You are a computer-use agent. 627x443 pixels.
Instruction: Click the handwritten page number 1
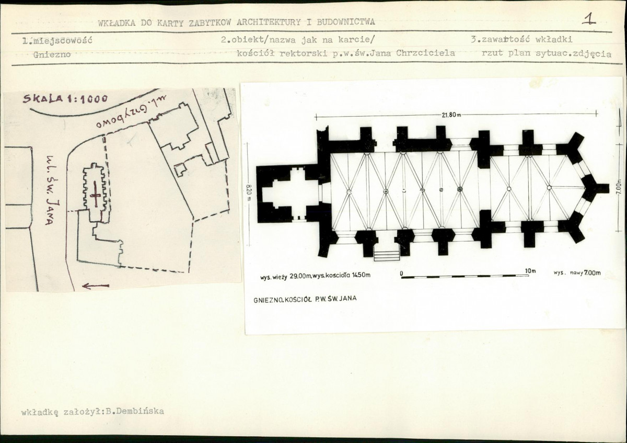[x=589, y=19]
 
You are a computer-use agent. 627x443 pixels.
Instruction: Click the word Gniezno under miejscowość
[x=52, y=54]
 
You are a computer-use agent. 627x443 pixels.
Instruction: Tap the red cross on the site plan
[x=96, y=194]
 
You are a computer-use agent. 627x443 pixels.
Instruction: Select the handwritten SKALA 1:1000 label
[x=65, y=98]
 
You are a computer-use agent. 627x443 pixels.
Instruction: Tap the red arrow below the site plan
[x=96, y=286]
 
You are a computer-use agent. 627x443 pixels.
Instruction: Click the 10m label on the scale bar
[x=530, y=271]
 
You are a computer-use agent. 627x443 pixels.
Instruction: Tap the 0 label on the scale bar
[x=402, y=273]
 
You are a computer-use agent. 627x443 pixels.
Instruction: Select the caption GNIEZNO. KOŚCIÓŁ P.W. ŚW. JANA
[x=305, y=299]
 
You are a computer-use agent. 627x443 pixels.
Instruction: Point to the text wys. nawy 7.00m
[x=577, y=272]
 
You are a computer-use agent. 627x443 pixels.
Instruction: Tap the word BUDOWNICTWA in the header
[x=346, y=22]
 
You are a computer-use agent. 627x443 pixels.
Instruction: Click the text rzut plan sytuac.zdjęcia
[x=547, y=53]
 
